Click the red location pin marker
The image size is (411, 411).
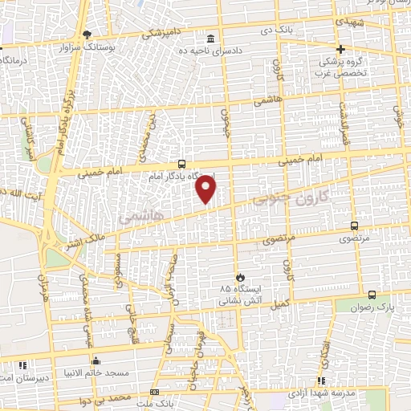[x=206, y=189]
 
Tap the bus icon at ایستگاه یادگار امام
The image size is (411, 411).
[x=181, y=164]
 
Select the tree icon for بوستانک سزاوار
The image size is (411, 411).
[x=87, y=34]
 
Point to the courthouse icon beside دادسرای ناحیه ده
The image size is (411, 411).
[x=210, y=39]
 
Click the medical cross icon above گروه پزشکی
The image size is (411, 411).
[x=340, y=48]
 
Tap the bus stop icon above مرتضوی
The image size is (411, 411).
[x=355, y=226]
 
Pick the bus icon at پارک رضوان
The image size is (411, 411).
[x=371, y=295]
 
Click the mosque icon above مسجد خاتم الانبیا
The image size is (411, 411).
[x=96, y=360]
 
